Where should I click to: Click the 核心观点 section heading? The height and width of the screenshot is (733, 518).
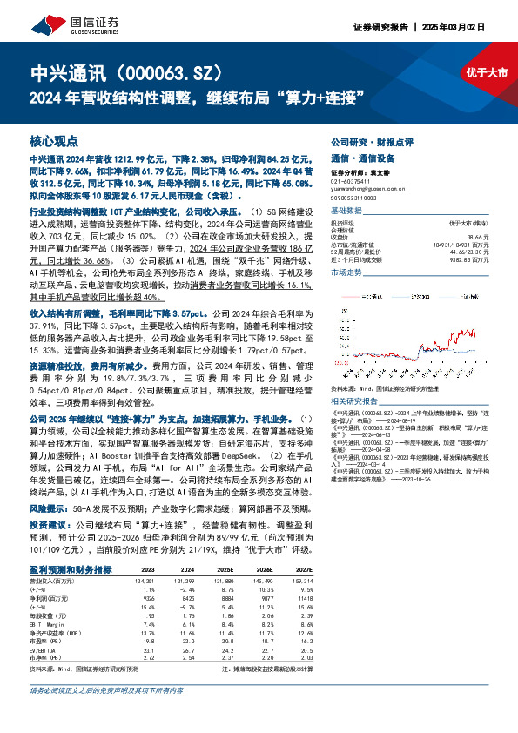coord(54,140)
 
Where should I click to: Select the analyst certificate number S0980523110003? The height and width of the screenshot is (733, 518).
coord(359,197)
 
